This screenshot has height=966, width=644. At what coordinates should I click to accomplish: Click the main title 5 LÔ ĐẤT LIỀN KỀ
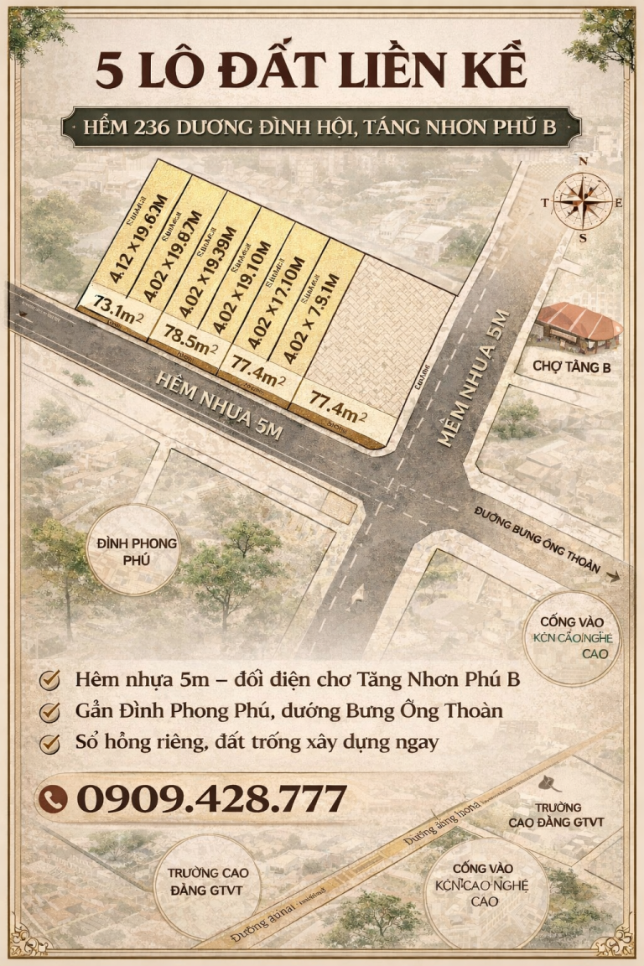311,70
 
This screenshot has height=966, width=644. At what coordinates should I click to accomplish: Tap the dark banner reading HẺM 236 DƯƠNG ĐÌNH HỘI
321,127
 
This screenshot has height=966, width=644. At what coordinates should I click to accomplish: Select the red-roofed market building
579,325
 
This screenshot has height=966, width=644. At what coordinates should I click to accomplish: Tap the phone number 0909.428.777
210,798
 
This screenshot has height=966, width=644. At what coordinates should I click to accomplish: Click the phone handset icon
54,799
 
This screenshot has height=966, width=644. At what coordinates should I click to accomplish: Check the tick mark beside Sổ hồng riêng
52,743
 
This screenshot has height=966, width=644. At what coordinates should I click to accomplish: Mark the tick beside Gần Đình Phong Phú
52,711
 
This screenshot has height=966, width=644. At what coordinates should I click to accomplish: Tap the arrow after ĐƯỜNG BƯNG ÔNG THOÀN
615,577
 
